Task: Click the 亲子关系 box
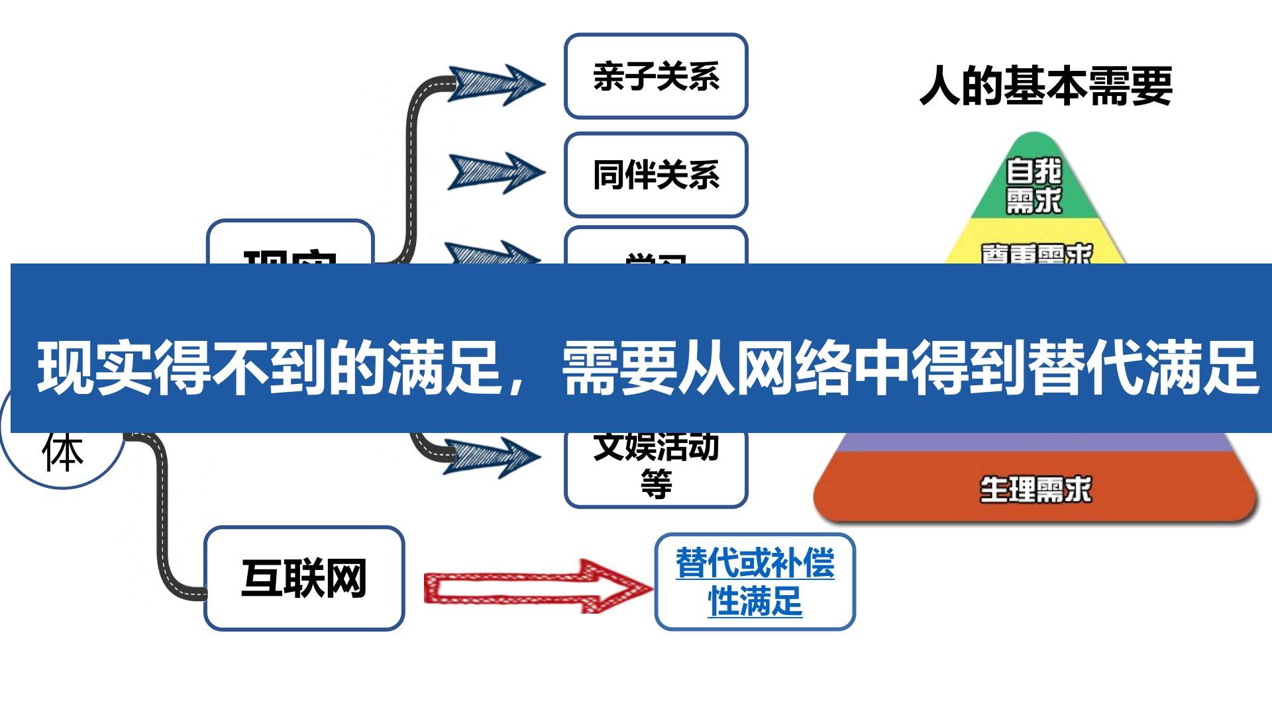tap(656, 76)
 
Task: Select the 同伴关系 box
tap(656, 175)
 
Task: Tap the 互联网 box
tap(304, 578)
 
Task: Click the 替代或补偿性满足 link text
tap(755, 581)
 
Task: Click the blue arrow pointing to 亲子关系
tap(496, 84)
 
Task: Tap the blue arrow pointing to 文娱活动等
tap(492, 457)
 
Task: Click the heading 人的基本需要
tap(1045, 86)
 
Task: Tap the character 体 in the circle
tap(63, 453)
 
